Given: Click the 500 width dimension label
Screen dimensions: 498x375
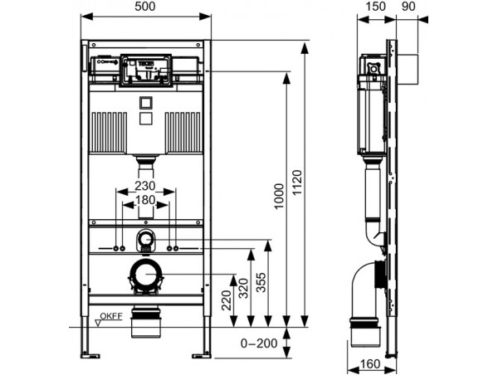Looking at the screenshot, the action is pyautogui.click(x=145, y=7).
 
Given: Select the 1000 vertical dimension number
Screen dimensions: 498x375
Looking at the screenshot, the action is pyautogui.click(x=279, y=197).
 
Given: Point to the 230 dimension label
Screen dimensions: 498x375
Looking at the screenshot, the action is pyautogui.click(x=144, y=186).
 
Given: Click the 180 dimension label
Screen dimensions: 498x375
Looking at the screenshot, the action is pyautogui.click(x=145, y=200).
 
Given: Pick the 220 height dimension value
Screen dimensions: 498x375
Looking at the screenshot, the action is pyautogui.click(x=227, y=300).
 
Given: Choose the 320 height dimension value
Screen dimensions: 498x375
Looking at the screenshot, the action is pyautogui.click(x=243, y=289).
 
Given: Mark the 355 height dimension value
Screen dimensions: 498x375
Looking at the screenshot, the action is pyautogui.click(x=261, y=282).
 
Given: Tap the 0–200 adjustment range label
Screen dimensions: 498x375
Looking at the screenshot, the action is pyautogui.click(x=259, y=343).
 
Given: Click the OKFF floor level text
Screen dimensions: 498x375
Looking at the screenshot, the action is pyautogui.click(x=111, y=316).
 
